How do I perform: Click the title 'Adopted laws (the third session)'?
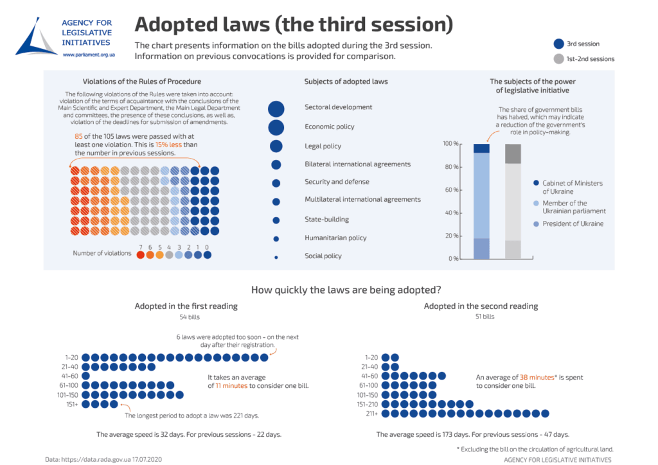(x=294, y=24)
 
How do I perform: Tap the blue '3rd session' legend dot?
(x=558, y=44)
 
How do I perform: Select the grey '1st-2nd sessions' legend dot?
(x=558, y=58)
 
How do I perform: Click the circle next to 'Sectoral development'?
(x=276, y=109)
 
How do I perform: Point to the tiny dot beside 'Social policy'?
(x=276, y=257)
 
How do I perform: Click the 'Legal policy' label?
(x=323, y=146)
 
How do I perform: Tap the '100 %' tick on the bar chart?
(x=450, y=144)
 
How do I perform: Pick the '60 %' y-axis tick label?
(x=451, y=190)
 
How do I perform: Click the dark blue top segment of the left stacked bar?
(x=481, y=148)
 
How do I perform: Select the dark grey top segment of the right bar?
(x=513, y=154)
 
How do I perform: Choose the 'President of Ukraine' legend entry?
(x=573, y=224)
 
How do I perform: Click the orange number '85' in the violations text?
(x=79, y=137)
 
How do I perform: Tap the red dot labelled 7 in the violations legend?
(x=141, y=254)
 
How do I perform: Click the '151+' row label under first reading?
(x=72, y=405)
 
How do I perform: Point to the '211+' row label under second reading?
(x=371, y=414)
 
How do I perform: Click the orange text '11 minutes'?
(x=227, y=386)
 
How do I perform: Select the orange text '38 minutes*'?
(x=538, y=378)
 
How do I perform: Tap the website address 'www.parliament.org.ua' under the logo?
(x=89, y=55)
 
